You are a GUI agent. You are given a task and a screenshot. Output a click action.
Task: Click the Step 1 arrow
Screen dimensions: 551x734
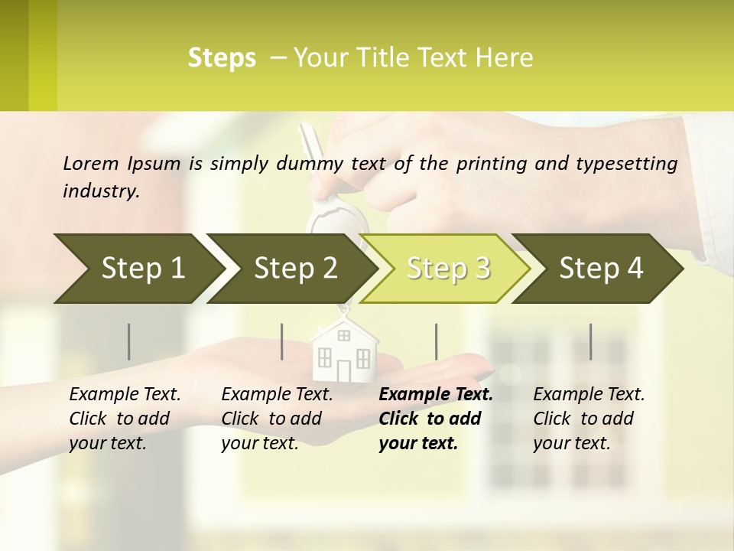(x=138, y=269)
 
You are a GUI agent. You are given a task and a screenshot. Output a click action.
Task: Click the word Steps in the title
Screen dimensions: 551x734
(x=222, y=58)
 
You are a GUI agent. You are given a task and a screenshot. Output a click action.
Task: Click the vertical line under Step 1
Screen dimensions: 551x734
(x=129, y=341)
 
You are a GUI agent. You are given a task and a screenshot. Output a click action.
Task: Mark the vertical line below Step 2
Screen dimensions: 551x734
(x=282, y=341)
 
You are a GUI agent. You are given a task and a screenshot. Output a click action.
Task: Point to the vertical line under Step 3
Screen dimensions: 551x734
(x=437, y=341)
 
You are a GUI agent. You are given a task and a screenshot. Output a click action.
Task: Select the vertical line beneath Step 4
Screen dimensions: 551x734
(x=590, y=341)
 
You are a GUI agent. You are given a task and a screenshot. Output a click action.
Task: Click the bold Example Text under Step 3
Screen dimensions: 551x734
(x=436, y=395)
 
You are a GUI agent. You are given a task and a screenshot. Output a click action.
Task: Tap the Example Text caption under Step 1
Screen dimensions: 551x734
(x=125, y=395)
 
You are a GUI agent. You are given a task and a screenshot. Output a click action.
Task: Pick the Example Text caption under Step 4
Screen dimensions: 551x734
(x=589, y=395)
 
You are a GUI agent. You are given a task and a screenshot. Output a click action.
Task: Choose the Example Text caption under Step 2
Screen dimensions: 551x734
(x=277, y=395)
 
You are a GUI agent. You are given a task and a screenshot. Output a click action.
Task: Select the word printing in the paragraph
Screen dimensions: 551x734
(x=491, y=163)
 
